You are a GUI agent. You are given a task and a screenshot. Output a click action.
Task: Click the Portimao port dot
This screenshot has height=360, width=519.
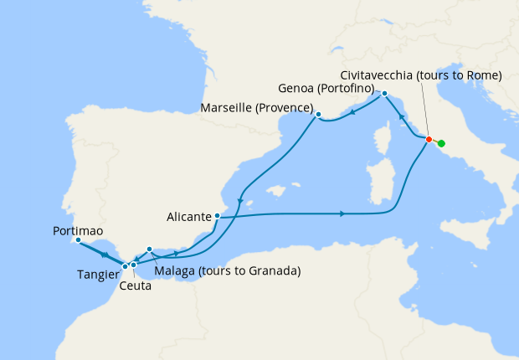click(x=78, y=240)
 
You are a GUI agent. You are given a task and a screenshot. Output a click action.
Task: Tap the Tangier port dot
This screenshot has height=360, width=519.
click(x=126, y=266)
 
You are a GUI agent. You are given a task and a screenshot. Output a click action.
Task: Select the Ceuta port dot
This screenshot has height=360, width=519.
click(x=133, y=265)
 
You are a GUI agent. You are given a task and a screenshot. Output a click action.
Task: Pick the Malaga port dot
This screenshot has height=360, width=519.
click(x=149, y=249)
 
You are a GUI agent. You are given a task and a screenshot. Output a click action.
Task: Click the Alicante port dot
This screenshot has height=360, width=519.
click(x=217, y=216)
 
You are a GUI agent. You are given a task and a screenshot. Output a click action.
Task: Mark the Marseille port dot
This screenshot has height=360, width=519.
click(x=319, y=114)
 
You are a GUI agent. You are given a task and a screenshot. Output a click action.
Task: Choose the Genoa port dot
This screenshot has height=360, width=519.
click(x=384, y=93)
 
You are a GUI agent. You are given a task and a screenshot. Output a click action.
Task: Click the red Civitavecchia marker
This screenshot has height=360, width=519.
click(x=429, y=139)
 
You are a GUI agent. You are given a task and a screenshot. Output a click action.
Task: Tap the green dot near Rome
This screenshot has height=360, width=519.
click(x=441, y=144)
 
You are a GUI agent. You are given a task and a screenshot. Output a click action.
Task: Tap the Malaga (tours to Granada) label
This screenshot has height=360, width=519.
click(x=228, y=271)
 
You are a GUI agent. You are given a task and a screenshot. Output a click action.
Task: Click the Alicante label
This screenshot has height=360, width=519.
click(x=188, y=217)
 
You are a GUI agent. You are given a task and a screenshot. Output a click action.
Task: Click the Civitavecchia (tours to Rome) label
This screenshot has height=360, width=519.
click(x=422, y=75)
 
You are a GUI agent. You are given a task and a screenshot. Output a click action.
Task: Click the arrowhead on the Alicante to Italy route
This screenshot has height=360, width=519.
click(x=342, y=214)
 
